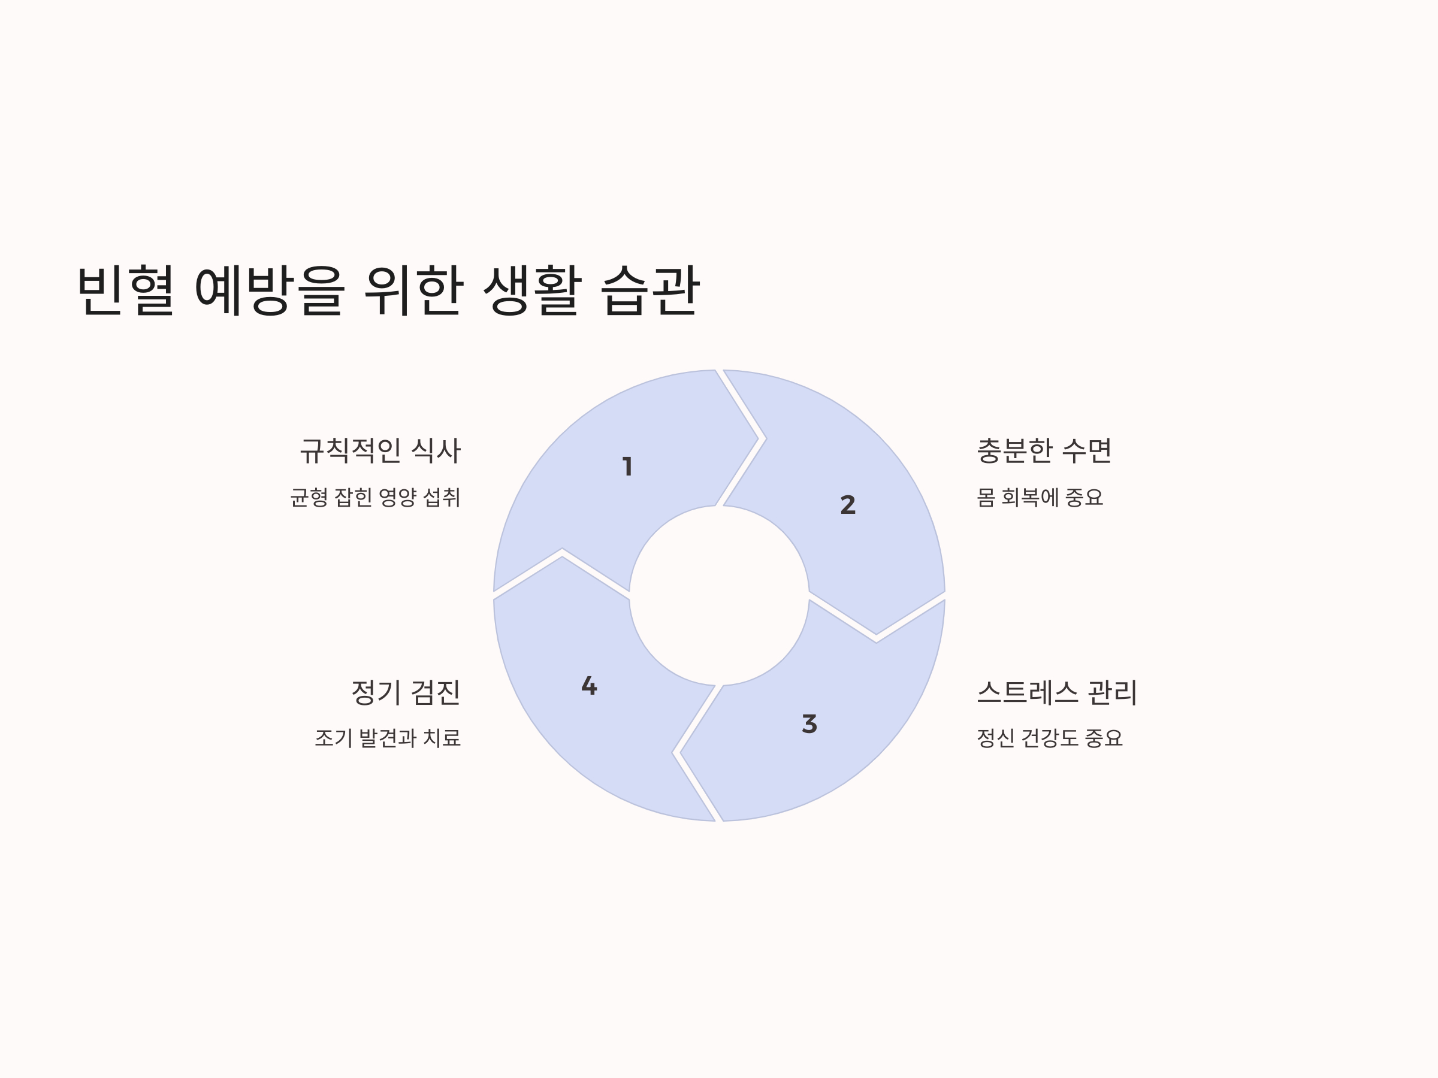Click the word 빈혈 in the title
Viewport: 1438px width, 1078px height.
125,290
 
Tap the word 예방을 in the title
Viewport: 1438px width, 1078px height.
269,290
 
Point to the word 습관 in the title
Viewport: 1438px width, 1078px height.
650,290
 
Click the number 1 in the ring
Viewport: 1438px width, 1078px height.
627,467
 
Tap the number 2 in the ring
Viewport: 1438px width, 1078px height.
848,505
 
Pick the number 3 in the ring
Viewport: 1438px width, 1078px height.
809,724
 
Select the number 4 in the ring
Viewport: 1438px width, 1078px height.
589,686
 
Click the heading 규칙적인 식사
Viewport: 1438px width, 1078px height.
380,451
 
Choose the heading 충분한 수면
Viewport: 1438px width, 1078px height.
1044,451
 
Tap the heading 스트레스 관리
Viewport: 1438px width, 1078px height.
1057,693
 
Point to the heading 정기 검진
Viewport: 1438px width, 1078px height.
406,693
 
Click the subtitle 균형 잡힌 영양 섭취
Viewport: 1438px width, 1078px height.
375,498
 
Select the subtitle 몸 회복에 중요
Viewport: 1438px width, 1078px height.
1040,498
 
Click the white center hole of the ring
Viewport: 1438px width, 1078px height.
719,595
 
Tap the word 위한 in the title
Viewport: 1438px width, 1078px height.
414,290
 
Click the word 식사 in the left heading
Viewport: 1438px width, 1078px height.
436,451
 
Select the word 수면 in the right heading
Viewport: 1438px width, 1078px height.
1086,451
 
